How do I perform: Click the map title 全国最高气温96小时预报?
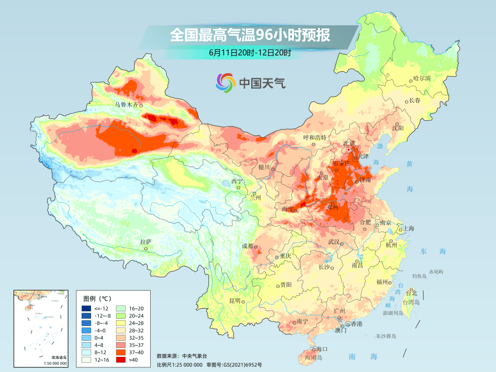250,35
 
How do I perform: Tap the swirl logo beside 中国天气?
225,83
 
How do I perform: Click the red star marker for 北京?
349,150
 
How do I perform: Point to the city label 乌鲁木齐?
126,105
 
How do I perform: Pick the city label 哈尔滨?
422,79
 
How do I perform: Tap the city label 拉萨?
146,242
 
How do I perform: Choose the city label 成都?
247,246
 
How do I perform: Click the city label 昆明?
235,300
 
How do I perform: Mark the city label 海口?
322,349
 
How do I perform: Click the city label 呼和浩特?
315,137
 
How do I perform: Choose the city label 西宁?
237,181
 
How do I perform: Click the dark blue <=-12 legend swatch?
86,308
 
